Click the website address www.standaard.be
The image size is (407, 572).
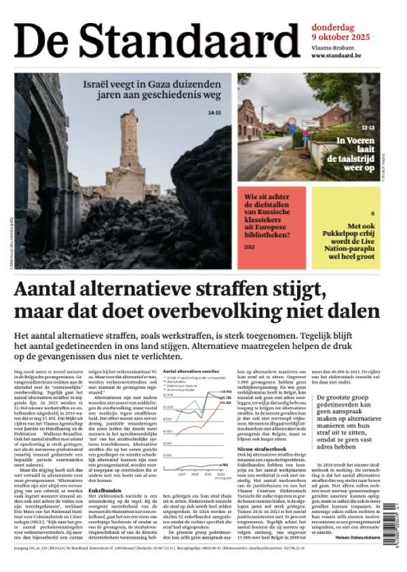pyautogui.click(x=338, y=56)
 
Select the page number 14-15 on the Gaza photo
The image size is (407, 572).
pyautogui.click(x=214, y=113)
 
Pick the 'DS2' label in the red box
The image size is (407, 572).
pyautogui.click(x=250, y=248)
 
